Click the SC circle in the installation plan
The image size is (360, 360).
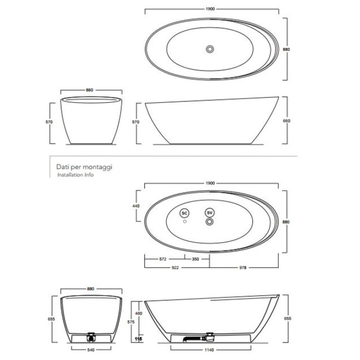point(184,213)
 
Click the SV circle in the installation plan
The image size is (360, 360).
point(210,213)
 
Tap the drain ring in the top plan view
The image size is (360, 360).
point(210,49)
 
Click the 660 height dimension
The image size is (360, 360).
point(287,121)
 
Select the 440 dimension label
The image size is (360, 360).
point(136,206)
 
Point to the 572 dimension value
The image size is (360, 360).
point(162,259)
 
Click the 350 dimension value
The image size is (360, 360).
point(195,259)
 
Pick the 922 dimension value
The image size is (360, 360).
point(175,268)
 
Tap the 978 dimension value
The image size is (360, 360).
point(243,268)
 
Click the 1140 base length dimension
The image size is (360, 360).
point(209,350)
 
